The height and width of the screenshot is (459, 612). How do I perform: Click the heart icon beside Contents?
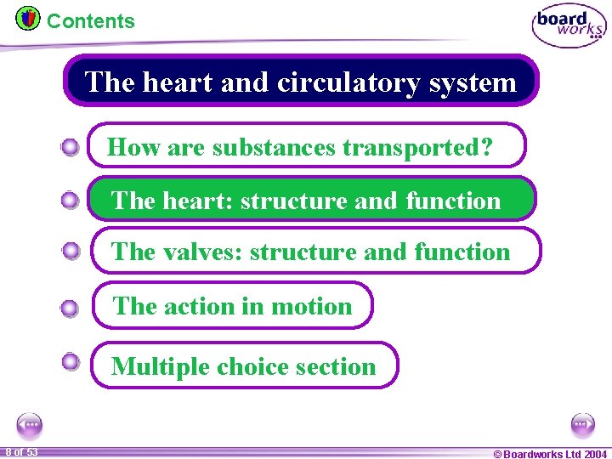28,18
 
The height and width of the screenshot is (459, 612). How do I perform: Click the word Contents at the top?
90,21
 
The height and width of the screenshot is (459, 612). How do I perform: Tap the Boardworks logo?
569,26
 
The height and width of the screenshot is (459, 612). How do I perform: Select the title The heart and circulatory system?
301,82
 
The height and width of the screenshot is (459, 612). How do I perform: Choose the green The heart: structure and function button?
313,200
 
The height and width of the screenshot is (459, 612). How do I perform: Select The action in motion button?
232,305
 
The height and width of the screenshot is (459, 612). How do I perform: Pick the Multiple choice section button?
244,365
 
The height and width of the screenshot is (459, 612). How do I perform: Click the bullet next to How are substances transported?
71,148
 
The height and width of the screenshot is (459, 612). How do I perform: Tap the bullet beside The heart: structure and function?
71,201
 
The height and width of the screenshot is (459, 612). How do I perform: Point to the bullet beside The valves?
71,251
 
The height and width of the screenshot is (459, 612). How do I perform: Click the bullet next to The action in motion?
71,309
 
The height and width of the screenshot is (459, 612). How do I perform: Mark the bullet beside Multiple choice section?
71,361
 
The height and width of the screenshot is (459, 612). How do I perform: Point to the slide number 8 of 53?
20,452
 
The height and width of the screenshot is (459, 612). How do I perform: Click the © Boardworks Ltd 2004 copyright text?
550,453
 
